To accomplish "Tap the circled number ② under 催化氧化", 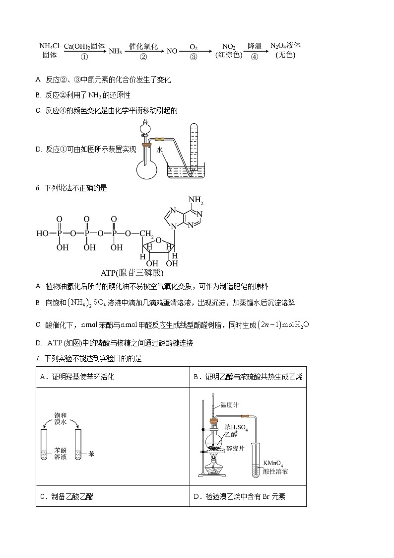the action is pos(143,57).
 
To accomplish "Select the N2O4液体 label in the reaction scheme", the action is pos(285,46).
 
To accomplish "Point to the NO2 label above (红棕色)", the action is pos(229,46).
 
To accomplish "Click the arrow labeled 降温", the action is pos(255,51).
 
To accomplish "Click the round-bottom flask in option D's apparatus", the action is pos(146,167).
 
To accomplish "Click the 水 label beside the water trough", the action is pos(160,149).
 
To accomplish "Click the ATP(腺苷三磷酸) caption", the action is pos(132,273).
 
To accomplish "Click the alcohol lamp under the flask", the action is pos(214,470).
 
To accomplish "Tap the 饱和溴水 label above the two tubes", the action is pos(60,418).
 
